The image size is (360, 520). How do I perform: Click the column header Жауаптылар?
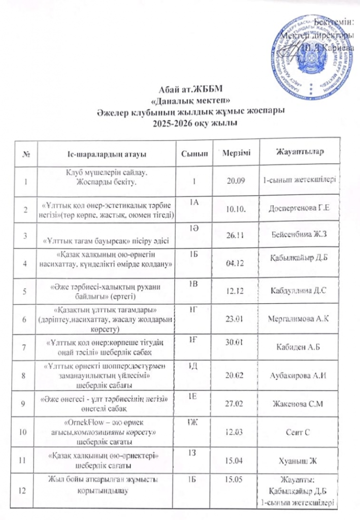[300, 152]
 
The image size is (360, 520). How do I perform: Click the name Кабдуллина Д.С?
[299, 291]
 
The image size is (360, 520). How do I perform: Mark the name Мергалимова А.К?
[299, 318]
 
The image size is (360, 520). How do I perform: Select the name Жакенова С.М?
[299, 403]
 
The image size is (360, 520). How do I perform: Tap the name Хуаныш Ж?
[299, 460]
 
